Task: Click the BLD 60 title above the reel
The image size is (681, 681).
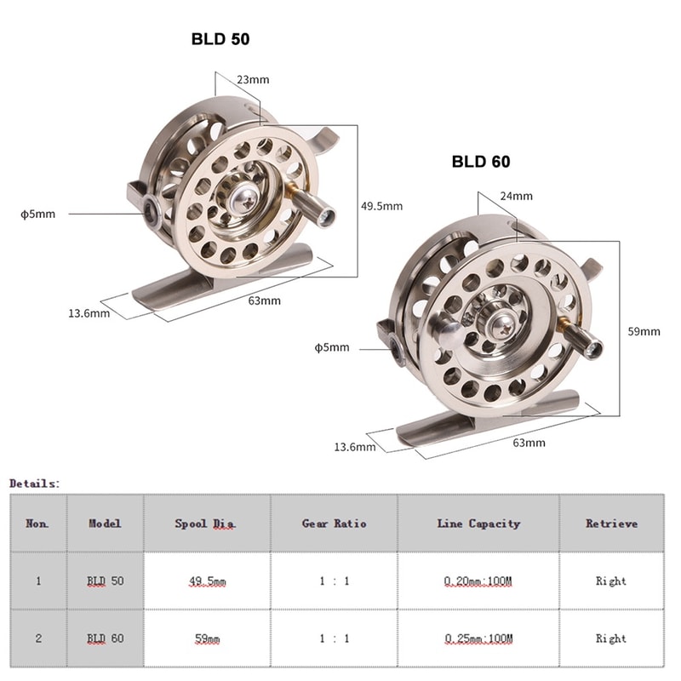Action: tap(481, 162)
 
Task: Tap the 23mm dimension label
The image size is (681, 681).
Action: tap(253, 80)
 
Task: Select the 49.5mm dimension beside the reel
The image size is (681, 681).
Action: tap(381, 206)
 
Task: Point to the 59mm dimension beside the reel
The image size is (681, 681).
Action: tap(644, 331)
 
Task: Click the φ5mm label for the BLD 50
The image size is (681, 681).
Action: tap(37, 214)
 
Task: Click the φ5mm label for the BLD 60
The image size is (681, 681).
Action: tap(332, 347)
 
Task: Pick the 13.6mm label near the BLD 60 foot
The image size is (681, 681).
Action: tap(354, 447)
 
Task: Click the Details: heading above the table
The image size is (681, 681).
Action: tap(35, 484)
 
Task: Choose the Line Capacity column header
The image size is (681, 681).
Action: tap(478, 524)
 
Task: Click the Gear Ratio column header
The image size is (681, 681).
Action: tap(334, 524)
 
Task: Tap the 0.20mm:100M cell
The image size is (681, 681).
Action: tap(478, 581)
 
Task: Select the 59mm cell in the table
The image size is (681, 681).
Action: tap(207, 638)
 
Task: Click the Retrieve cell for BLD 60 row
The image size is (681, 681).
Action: tap(611, 638)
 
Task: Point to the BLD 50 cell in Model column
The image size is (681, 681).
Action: tap(106, 581)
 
